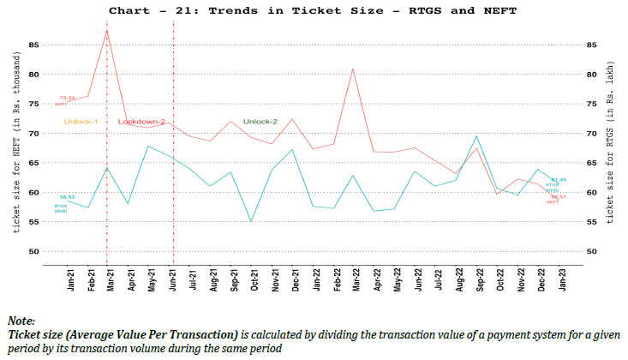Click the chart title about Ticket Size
(x=314, y=10)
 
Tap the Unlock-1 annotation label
(x=81, y=122)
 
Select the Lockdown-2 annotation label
(x=142, y=122)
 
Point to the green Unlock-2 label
(x=260, y=122)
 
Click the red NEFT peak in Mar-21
(x=106, y=30)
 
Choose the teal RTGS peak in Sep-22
(x=476, y=136)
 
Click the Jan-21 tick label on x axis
(x=71, y=279)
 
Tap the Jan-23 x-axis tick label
(x=561, y=279)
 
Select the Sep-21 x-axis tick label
(x=234, y=279)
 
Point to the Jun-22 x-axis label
(x=418, y=279)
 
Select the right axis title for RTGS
(x=610, y=148)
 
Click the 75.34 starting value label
(x=66, y=99)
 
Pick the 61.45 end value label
(x=559, y=180)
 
